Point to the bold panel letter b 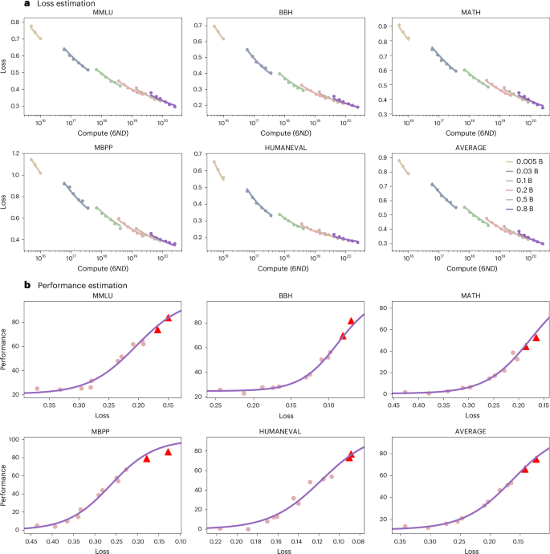6,285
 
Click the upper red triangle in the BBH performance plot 351,321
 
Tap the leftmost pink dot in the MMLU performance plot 37,389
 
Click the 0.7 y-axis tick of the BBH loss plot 201,26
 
